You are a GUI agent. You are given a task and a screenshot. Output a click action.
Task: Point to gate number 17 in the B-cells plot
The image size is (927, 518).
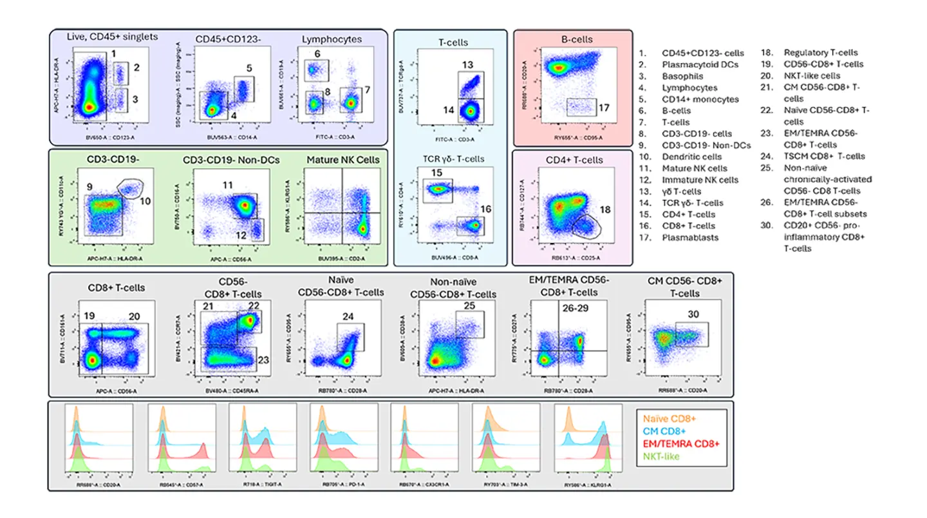point(605,110)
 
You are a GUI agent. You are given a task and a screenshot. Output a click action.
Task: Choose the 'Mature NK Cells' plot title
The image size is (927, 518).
point(342,159)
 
